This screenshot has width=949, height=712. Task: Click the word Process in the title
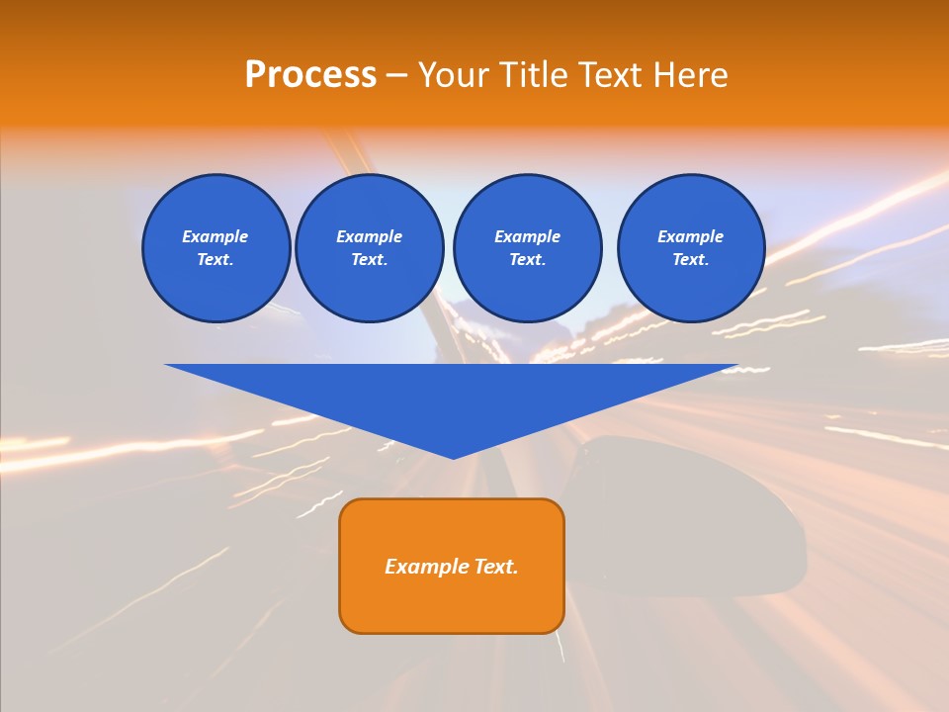pyautogui.click(x=310, y=75)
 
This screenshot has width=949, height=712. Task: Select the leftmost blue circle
pyautogui.click(x=216, y=248)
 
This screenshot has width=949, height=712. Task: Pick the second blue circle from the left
pyautogui.click(x=370, y=248)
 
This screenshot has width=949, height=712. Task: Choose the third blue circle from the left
pyautogui.click(x=527, y=248)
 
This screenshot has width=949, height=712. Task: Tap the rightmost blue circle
pyautogui.click(x=691, y=248)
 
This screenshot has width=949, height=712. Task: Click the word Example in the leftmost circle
pyautogui.click(x=216, y=236)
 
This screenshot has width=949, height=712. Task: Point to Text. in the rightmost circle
pyautogui.click(x=691, y=260)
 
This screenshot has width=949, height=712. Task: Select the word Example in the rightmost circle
pyautogui.click(x=691, y=236)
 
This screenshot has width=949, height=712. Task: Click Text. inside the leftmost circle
pyautogui.click(x=216, y=260)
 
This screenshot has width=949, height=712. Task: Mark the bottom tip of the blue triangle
pyautogui.click(x=453, y=457)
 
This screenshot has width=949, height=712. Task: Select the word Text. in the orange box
pyautogui.click(x=497, y=567)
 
